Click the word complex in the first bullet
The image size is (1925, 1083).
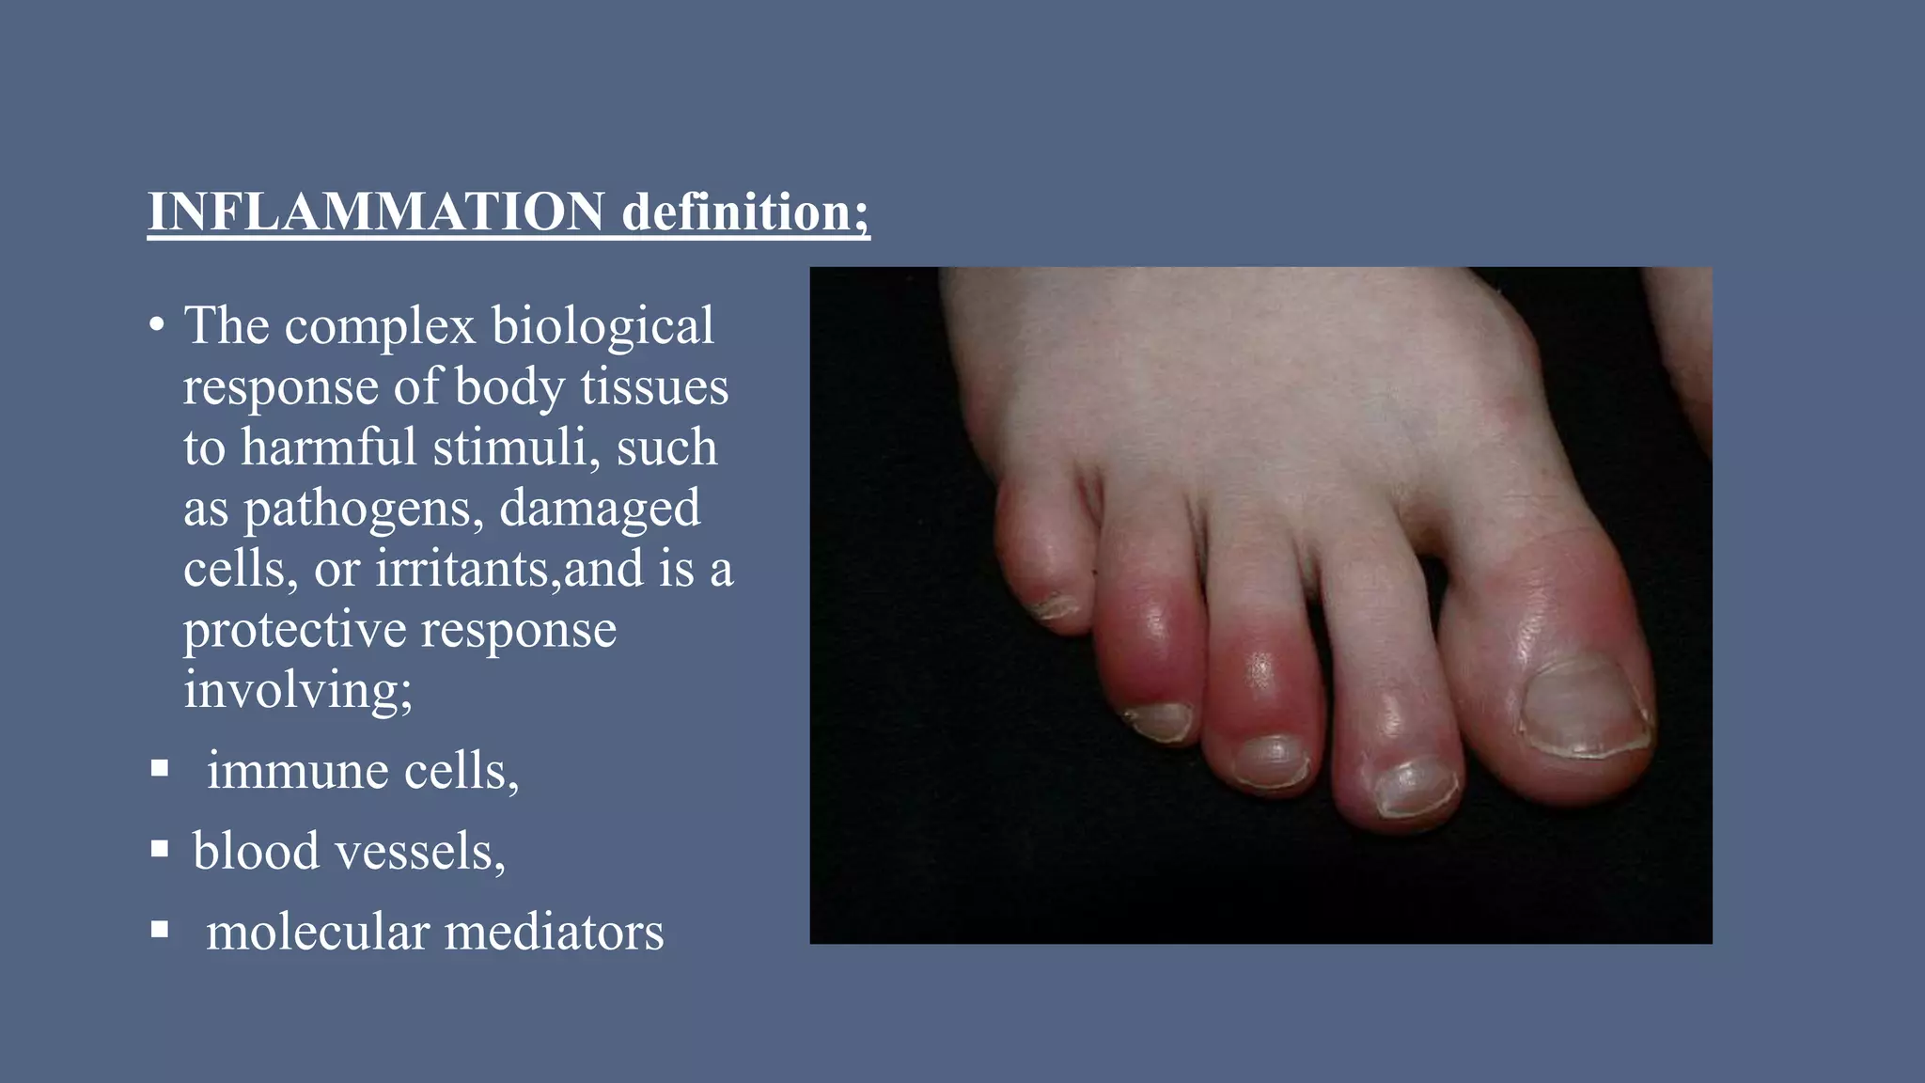[381, 327]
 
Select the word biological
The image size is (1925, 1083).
[603, 327]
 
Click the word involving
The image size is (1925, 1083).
[293, 690]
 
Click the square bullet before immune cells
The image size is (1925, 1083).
[160, 770]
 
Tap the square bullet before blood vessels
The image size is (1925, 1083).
[160, 851]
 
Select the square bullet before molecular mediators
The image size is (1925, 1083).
[160, 931]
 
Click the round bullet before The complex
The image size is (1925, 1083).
[157, 326]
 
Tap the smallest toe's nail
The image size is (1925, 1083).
[1056, 607]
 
